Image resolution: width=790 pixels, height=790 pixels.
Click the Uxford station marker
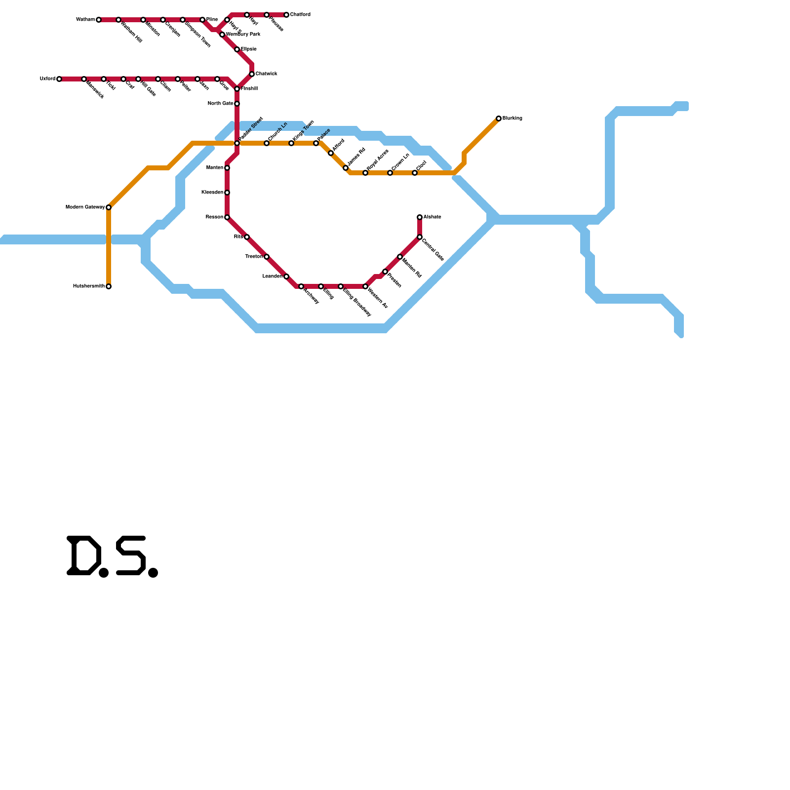(x=59, y=79)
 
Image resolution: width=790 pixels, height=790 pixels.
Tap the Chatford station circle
(x=286, y=15)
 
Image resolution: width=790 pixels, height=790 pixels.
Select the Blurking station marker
(x=499, y=118)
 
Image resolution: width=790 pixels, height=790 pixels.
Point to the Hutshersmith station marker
(x=109, y=286)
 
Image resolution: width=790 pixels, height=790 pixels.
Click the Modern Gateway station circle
(x=109, y=207)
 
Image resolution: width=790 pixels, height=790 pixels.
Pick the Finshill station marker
(x=237, y=89)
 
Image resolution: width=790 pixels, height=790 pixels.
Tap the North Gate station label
(x=220, y=104)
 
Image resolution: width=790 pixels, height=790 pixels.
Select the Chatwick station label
(x=266, y=74)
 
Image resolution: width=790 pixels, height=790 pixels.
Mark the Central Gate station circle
(x=420, y=237)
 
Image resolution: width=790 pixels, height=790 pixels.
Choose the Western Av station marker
(x=365, y=286)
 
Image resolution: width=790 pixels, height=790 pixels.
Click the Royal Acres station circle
(x=365, y=173)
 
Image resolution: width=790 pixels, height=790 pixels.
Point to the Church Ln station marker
(x=267, y=143)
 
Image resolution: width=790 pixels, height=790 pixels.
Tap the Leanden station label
(x=272, y=276)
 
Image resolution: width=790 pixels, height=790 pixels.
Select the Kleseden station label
(x=212, y=193)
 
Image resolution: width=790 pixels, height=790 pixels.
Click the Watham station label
(x=85, y=20)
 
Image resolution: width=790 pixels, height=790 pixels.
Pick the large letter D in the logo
(x=84, y=555)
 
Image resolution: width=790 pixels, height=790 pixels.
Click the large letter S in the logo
(x=131, y=555)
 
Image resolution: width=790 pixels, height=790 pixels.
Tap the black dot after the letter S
(x=153, y=573)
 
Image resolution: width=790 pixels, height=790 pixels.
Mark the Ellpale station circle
(x=237, y=49)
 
